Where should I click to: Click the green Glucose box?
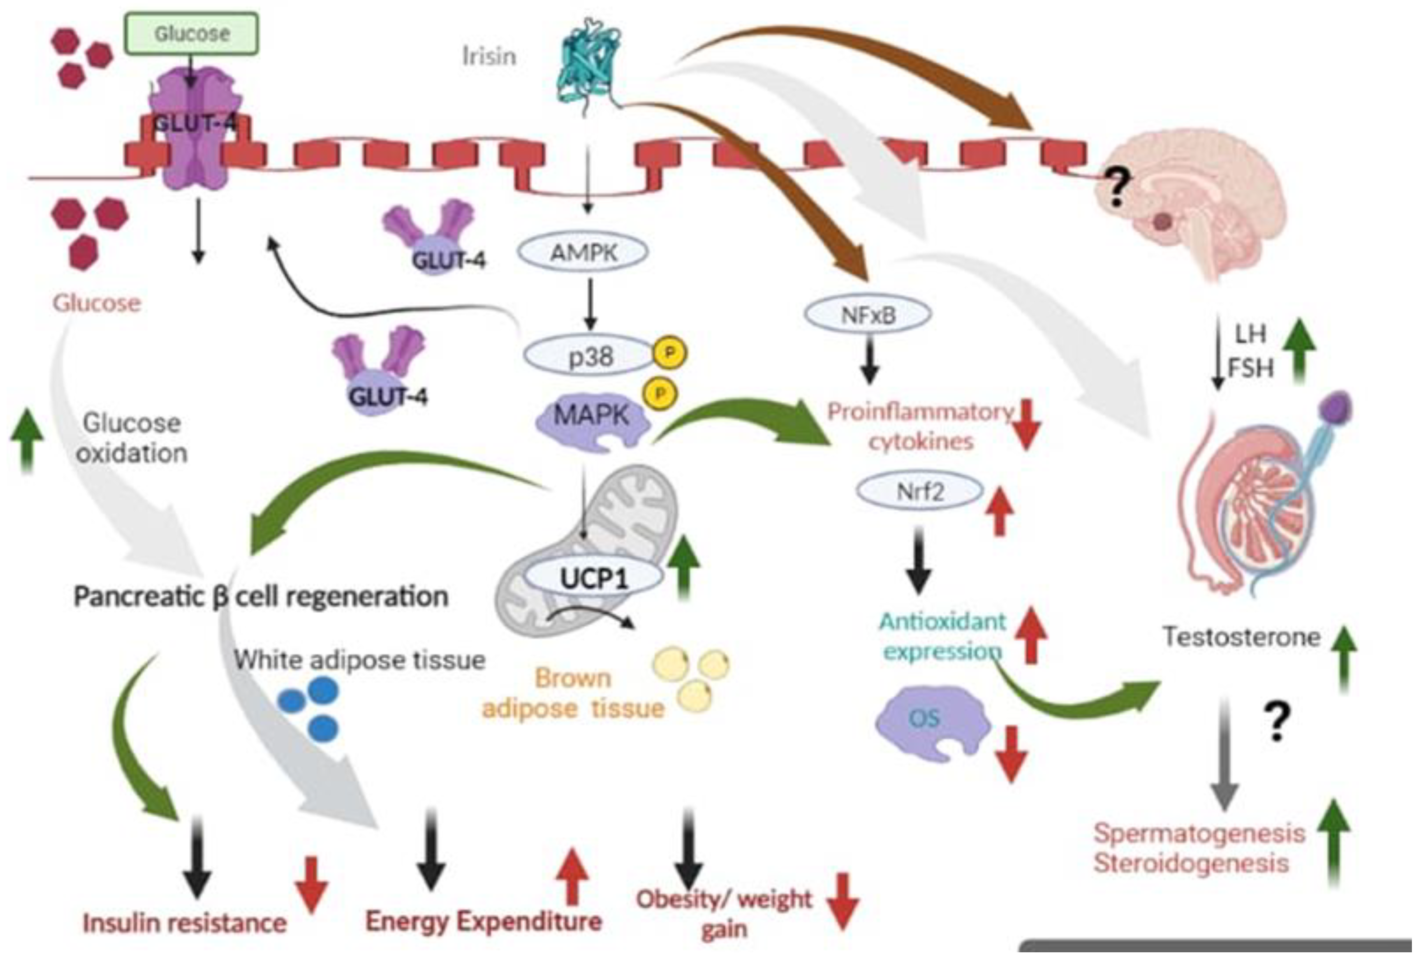pos(192,33)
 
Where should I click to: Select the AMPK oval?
pos(583,252)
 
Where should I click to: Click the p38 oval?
pos(589,356)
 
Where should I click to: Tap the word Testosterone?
pos(1241,637)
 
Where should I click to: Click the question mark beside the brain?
pos(1117,187)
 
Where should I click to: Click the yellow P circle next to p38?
pos(670,353)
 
